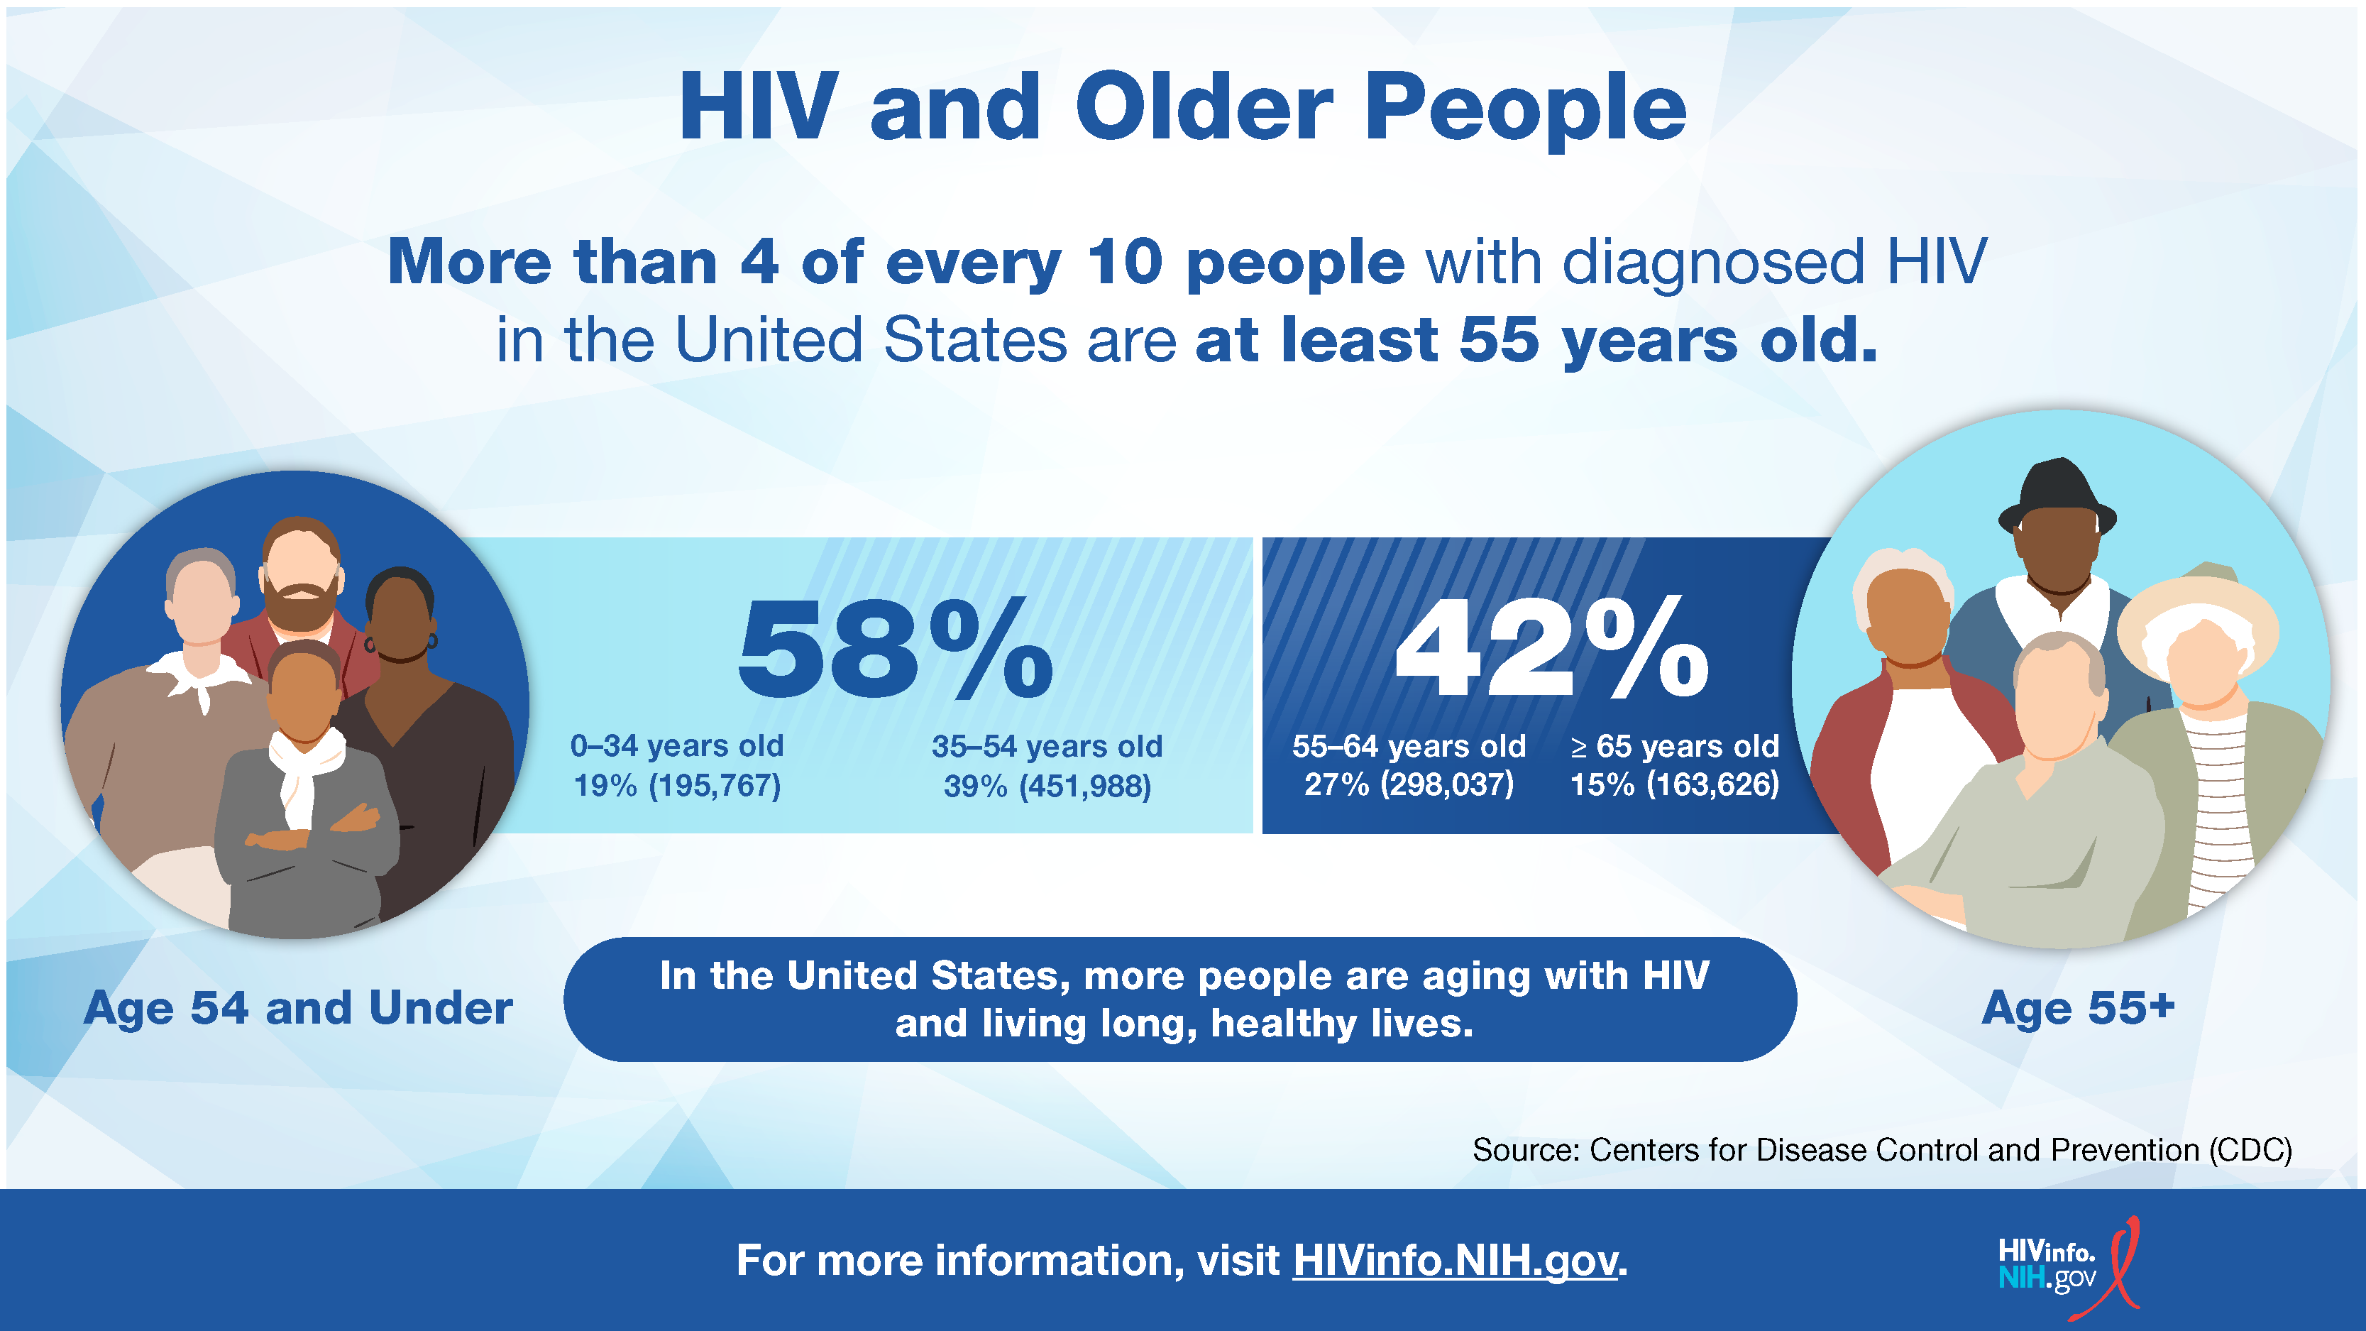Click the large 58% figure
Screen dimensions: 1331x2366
click(x=896, y=647)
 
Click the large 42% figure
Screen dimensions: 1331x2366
click(x=1551, y=647)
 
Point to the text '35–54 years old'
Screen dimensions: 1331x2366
click(x=1047, y=746)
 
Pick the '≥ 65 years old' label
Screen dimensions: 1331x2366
click(x=1674, y=746)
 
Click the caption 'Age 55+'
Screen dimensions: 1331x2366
click(x=2079, y=1008)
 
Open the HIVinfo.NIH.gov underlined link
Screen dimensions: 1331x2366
click(x=1455, y=1260)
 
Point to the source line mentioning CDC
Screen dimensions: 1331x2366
click(x=1882, y=1150)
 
